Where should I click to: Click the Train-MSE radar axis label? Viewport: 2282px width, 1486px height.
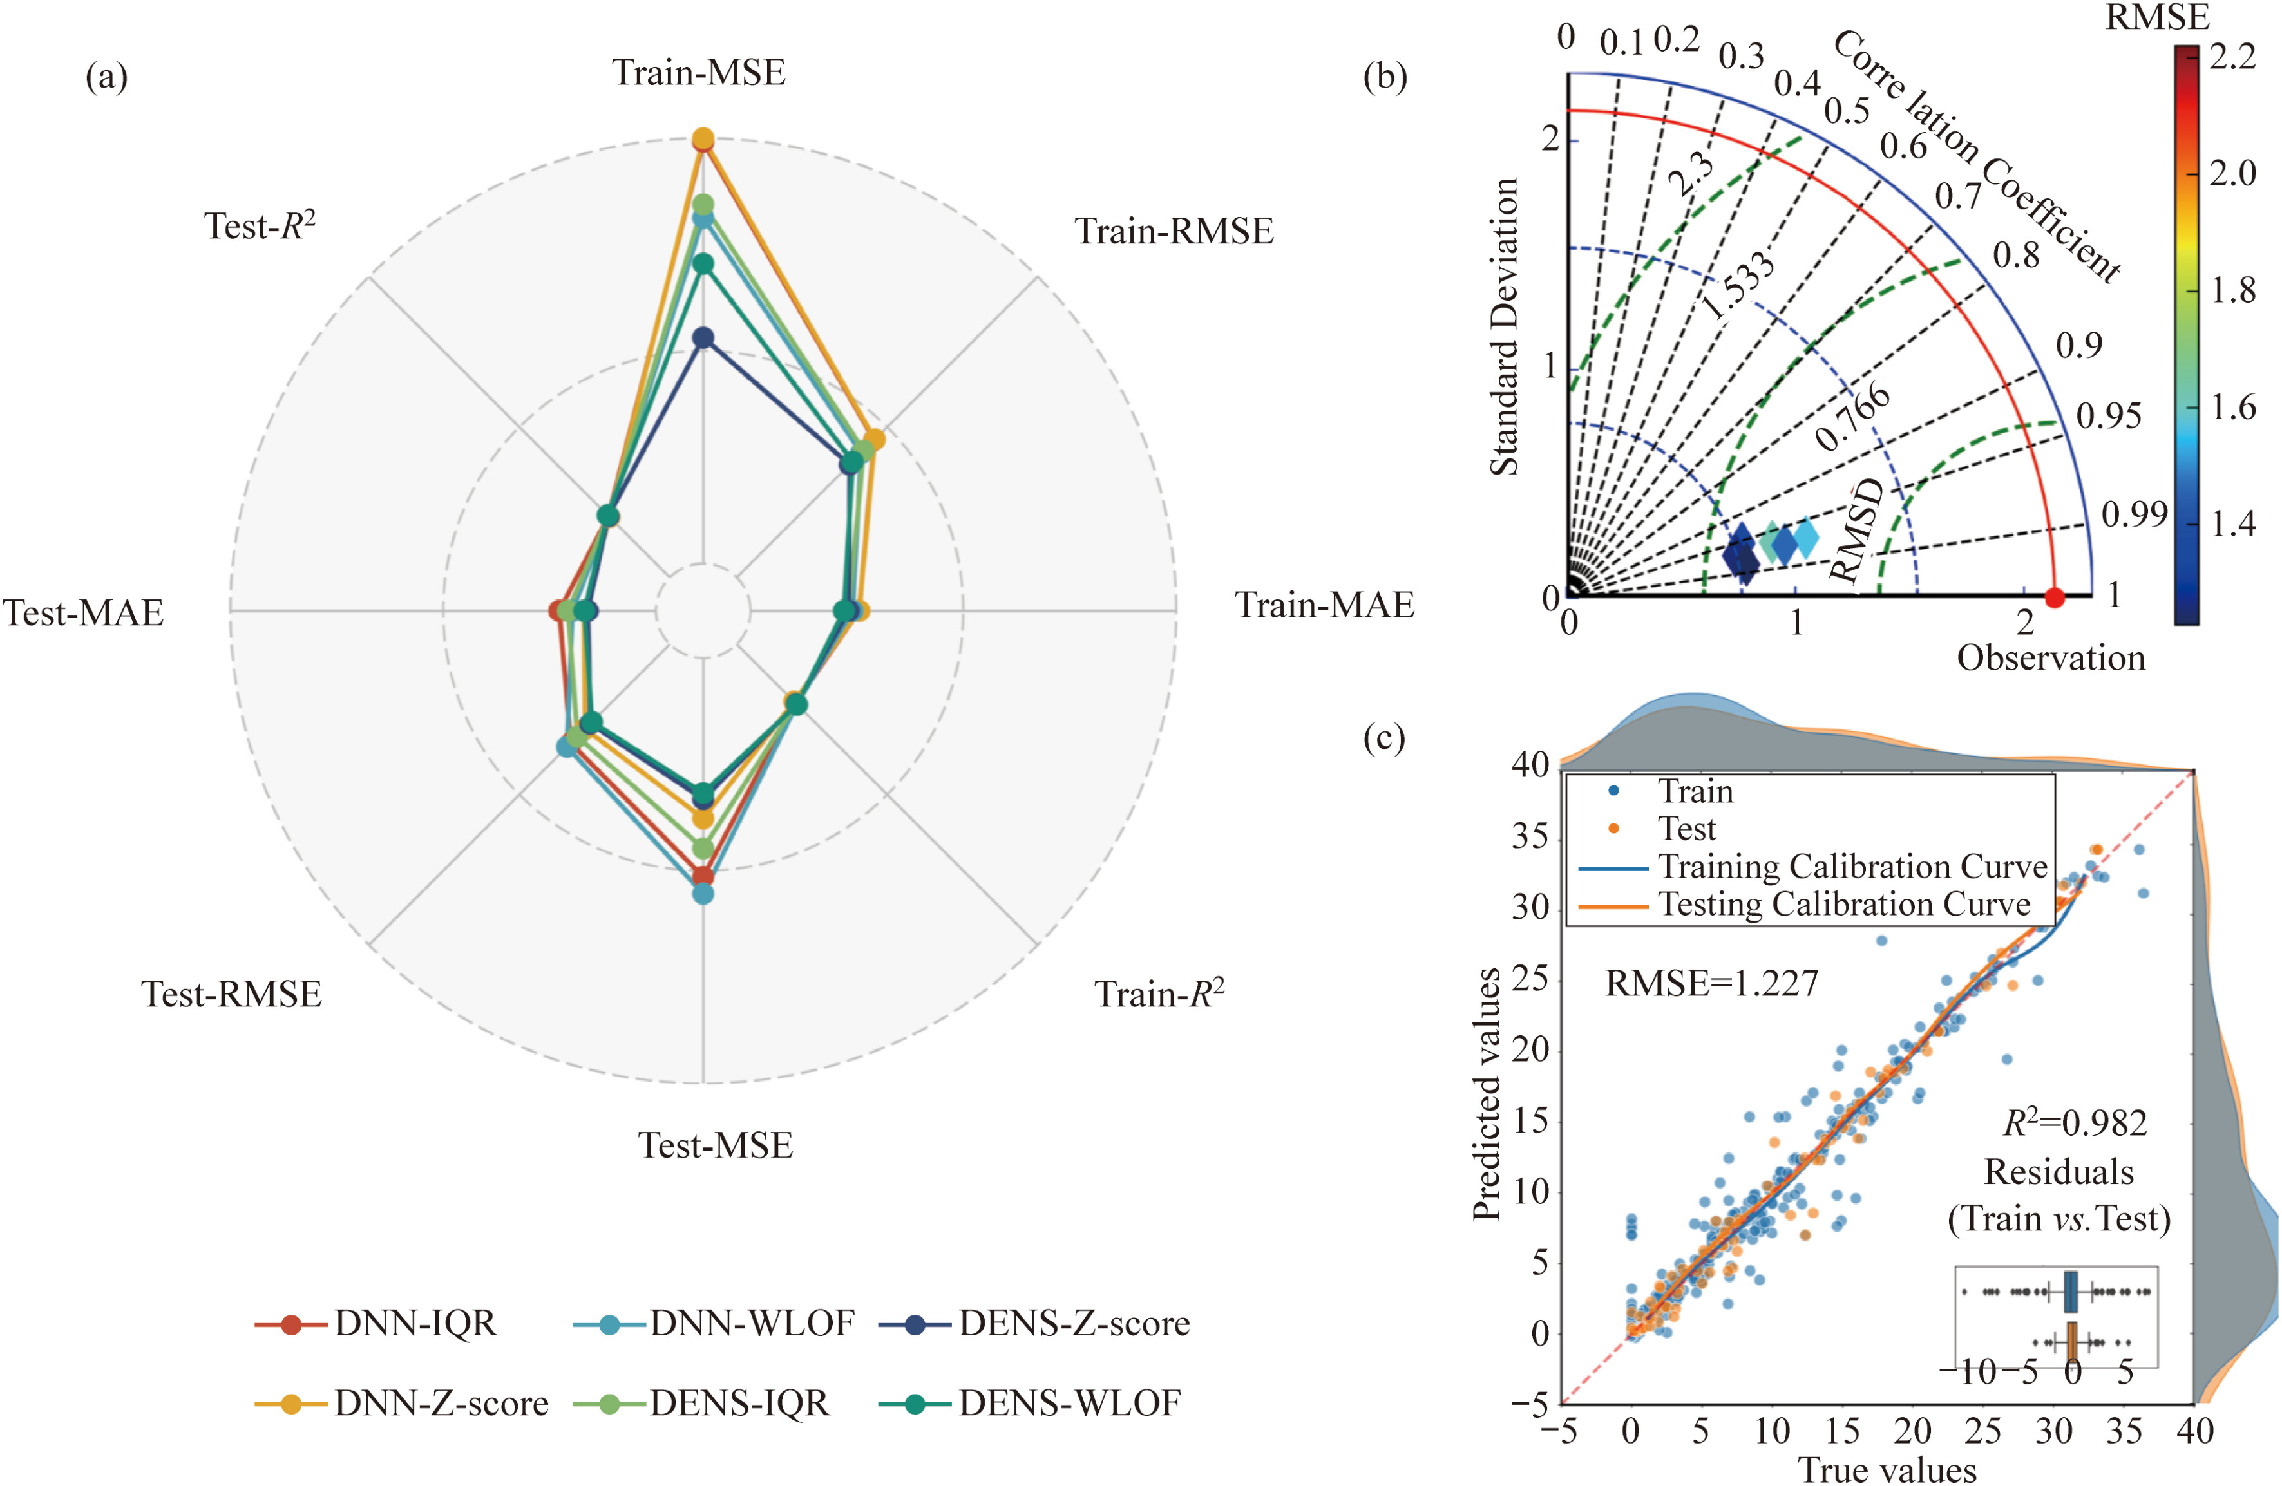click(x=699, y=73)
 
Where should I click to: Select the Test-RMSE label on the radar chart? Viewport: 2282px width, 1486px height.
click(x=232, y=994)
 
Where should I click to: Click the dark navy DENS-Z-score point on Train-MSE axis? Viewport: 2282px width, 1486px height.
click(x=704, y=337)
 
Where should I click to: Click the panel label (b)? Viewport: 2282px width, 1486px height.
click(x=1385, y=76)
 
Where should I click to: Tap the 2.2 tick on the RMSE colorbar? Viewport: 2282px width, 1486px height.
click(x=2232, y=57)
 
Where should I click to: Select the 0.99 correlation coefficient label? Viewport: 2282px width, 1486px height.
click(x=2133, y=515)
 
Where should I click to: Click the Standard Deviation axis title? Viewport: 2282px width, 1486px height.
click(x=1503, y=326)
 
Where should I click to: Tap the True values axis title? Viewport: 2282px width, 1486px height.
click(x=1887, y=1469)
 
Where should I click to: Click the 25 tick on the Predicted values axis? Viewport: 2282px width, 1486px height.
click(x=1530, y=979)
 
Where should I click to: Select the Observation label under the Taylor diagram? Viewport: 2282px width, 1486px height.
click(x=2050, y=657)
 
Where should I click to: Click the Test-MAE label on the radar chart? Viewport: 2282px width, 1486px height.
click(x=84, y=612)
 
